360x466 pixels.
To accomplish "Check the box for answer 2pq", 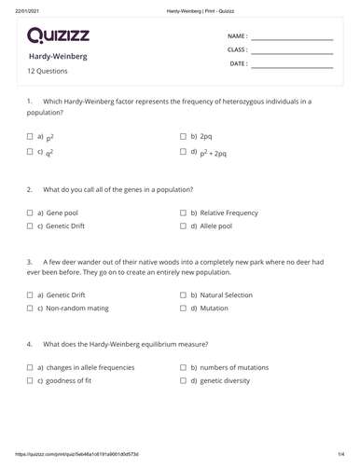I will (184, 136).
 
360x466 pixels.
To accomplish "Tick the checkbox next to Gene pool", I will (31, 212).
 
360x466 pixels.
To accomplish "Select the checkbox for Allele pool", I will (184, 226).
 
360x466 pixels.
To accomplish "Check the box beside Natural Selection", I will (184, 295).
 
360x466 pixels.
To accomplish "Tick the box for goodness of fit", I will (31, 381).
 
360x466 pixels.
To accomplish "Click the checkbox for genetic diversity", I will (184, 381).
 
